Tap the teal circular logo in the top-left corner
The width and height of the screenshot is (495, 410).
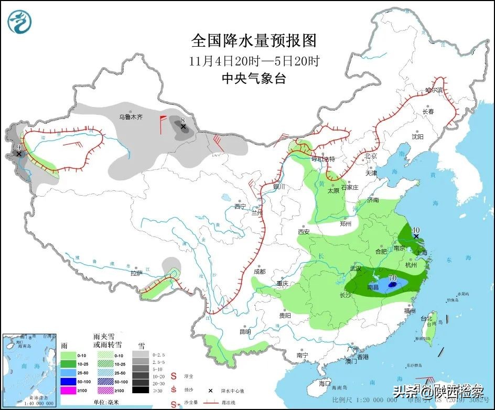[20, 21]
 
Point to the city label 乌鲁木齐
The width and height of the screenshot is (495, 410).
[130, 116]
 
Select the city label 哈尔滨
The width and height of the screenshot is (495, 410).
[434, 90]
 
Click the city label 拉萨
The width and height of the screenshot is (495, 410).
[136, 273]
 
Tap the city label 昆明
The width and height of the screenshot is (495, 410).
[245, 331]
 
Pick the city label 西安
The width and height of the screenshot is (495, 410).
[304, 232]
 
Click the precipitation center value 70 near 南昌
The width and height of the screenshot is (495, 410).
[393, 277]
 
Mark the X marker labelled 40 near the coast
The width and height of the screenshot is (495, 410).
[416, 236]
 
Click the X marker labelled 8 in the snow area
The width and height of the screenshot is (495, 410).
[183, 127]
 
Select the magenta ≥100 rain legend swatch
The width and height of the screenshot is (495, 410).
[68, 390]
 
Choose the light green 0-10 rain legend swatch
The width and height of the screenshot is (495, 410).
[68, 355]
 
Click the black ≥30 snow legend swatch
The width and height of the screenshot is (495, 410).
[141, 390]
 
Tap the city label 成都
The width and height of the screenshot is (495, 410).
[260, 272]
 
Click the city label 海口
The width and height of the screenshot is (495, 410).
[325, 383]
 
